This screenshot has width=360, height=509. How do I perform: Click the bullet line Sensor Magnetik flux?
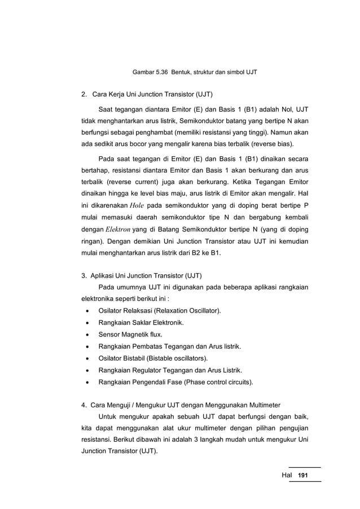(130, 335)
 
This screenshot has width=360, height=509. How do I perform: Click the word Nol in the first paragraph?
(284, 108)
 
